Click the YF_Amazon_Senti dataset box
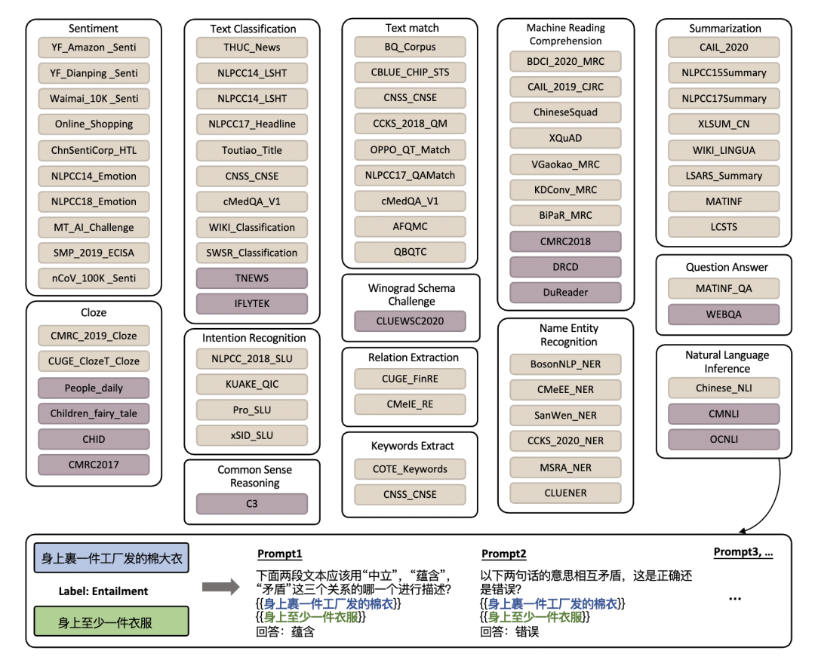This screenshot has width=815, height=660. pyautogui.click(x=94, y=48)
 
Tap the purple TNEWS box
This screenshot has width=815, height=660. pyautogui.click(x=252, y=278)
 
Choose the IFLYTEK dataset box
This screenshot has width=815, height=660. pyautogui.click(x=252, y=304)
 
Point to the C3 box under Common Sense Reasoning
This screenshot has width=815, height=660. pyautogui.click(x=252, y=504)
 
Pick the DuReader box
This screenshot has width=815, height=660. pyautogui.click(x=565, y=292)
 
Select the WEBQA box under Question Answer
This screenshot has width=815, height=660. pyautogui.click(x=724, y=314)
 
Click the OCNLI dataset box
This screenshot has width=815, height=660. pyautogui.click(x=724, y=439)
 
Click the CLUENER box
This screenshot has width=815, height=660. pyautogui.click(x=565, y=493)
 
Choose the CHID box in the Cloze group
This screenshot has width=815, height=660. pyautogui.click(x=94, y=439)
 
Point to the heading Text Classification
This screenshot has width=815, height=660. pyautogui.click(x=253, y=29)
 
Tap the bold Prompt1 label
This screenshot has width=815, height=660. pyautogui.click(x=279, y=554)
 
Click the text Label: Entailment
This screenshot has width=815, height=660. pyautogui.click(x=103, y=591)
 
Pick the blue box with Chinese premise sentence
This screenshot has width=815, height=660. pyautogui.click(x=112, y=560)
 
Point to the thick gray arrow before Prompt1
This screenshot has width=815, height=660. pyautogui.click(x=217, y=588)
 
